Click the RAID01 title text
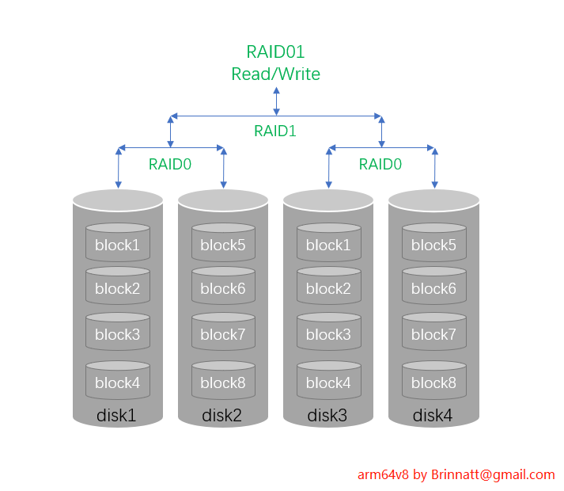click(275, 52)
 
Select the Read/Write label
click(275, 74)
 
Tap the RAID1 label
click(275, 131)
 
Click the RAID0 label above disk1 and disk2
click(170, 164)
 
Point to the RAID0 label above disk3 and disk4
click(380, 164)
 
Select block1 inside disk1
click(117, 245)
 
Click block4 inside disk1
click(117, 383)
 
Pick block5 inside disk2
click(223, 245)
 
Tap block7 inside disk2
click(223, 335)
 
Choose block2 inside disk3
click(328, 289)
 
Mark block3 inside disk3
click(328, 335)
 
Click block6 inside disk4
click(433, 289)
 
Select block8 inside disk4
click(433, 383)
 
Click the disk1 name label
click(117, 415)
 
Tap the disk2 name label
click(223, 415)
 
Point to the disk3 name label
click(328, 415)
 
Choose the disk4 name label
click(433, 415)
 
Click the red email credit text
click(456, 474)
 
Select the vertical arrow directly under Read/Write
click(276, 101)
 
